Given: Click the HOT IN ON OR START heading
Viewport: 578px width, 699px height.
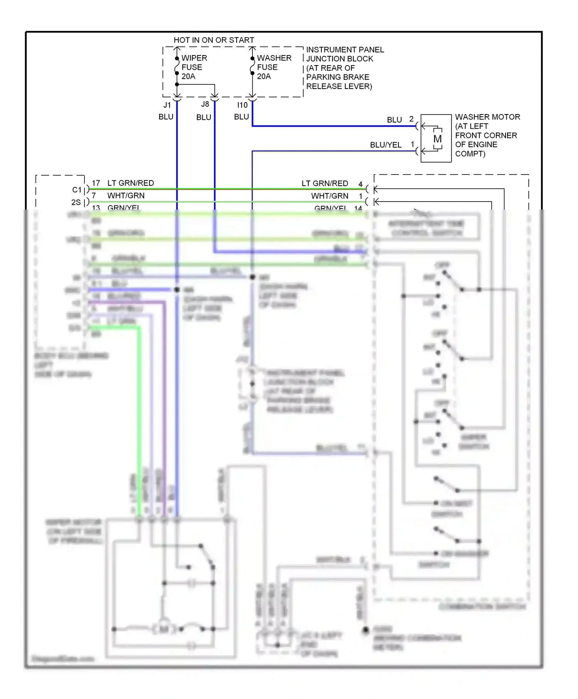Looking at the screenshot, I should point(214,40).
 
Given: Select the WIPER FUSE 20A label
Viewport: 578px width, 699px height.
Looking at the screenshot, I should point(194,67).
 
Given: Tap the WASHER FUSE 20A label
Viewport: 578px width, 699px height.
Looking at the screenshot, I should point(274,67).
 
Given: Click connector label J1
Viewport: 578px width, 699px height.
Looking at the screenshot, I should point(167,105).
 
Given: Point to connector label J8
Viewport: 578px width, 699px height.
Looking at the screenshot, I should point(205,104).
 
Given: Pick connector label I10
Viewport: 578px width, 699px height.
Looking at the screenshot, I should point(242,105).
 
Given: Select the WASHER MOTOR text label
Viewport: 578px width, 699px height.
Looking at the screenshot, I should point(487,117).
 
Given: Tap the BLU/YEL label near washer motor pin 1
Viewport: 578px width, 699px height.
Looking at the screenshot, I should point(385,145).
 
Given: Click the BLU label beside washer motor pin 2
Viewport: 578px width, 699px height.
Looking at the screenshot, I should point(394,120).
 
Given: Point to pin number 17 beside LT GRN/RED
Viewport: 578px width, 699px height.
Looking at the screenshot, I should point(96,183).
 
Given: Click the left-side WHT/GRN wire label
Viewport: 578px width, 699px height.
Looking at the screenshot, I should point(126,195).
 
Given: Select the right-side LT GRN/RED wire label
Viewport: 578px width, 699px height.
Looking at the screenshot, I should point(324,183).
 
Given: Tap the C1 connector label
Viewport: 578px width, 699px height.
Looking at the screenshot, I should point(77,190).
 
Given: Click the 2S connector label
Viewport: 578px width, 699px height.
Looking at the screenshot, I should point(76,202).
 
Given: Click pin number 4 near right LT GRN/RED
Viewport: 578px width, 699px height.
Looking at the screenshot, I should point(360,184).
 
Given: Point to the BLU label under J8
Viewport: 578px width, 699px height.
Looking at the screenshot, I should point(203,117).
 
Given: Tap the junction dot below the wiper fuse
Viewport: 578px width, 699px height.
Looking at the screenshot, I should point(177,84).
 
